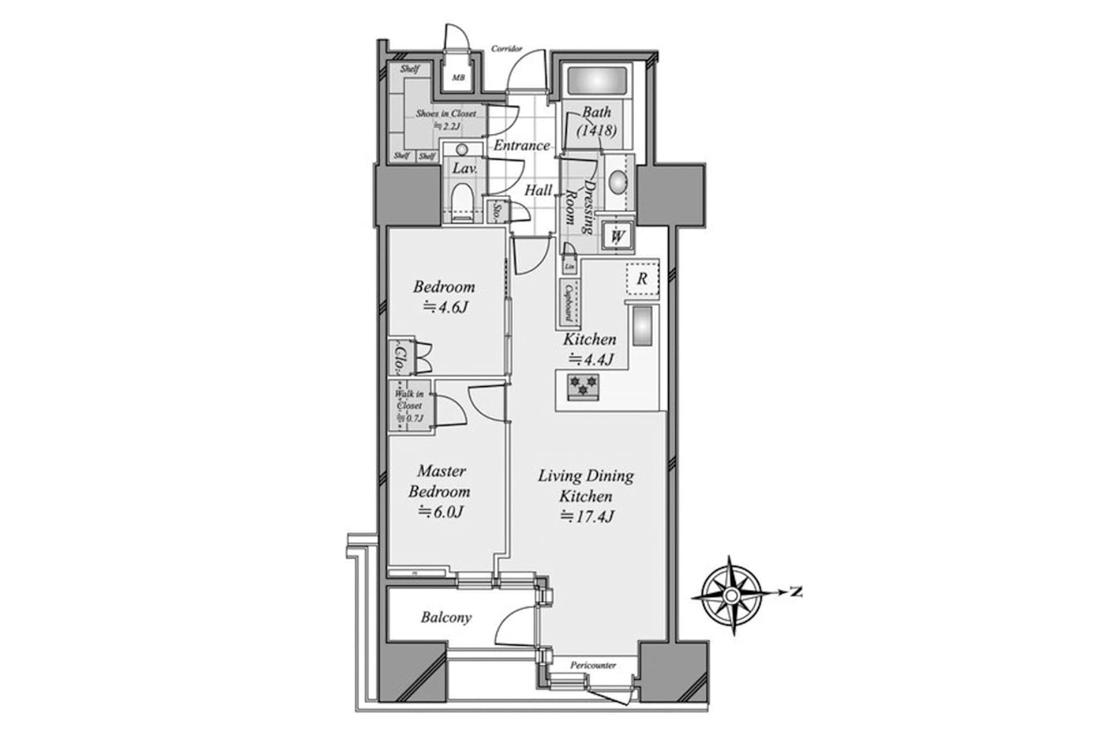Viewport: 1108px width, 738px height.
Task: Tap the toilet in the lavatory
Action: click(x=462, y=199)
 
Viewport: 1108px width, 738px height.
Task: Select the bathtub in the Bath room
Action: click(x=597, y=80)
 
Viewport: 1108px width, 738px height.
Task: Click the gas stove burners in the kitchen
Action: click(x=583, y=386)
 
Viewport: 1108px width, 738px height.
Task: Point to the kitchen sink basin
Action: click(x=642, y=326)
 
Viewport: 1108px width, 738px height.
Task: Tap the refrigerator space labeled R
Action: click(x=642, y=279)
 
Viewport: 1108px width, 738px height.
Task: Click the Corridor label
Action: click(x=507, y=48)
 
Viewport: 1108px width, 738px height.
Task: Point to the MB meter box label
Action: click(x=458, y=78)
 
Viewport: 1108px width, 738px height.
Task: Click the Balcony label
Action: click(x=446, y=617)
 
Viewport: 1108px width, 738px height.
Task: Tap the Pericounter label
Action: click(x=593, y=665)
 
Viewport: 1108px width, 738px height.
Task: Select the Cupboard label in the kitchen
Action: click(x=568, y=303)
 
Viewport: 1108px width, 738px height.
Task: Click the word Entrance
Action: click(x=521, y=145)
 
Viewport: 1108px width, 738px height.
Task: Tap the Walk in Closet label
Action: click(x=409, y=406)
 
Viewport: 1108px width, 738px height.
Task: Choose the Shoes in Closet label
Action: click(x=446, y=114)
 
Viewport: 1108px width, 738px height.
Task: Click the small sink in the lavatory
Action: click(x=462, y=150)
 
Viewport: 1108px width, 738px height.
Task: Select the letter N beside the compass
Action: click(x=796, y=592)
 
